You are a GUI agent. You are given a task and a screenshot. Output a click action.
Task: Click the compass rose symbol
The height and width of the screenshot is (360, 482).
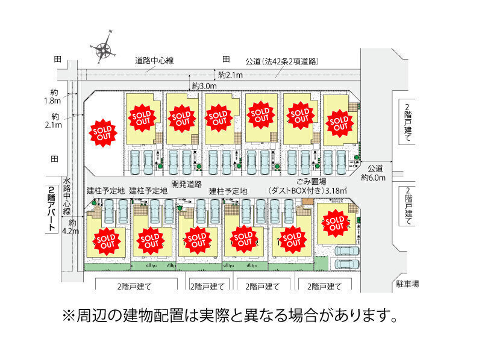(104, 49)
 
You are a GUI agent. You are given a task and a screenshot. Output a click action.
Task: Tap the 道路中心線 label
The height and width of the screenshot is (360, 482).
(154, 61)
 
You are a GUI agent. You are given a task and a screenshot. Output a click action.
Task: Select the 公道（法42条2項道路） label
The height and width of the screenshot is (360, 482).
(281, 61)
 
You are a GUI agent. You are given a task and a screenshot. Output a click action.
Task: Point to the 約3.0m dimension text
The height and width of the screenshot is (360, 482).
(205, 86)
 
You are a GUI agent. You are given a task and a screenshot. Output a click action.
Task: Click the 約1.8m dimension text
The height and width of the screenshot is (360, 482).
(55, 97)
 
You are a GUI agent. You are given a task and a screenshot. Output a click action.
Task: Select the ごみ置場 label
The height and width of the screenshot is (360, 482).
(311, 182)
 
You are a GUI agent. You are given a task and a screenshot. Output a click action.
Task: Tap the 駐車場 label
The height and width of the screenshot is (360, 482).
(407, 283)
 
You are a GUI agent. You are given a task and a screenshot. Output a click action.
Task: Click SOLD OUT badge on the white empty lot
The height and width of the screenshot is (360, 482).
(101, 132)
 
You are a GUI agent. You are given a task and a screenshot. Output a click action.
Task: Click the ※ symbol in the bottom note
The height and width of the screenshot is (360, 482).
(68, 315)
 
